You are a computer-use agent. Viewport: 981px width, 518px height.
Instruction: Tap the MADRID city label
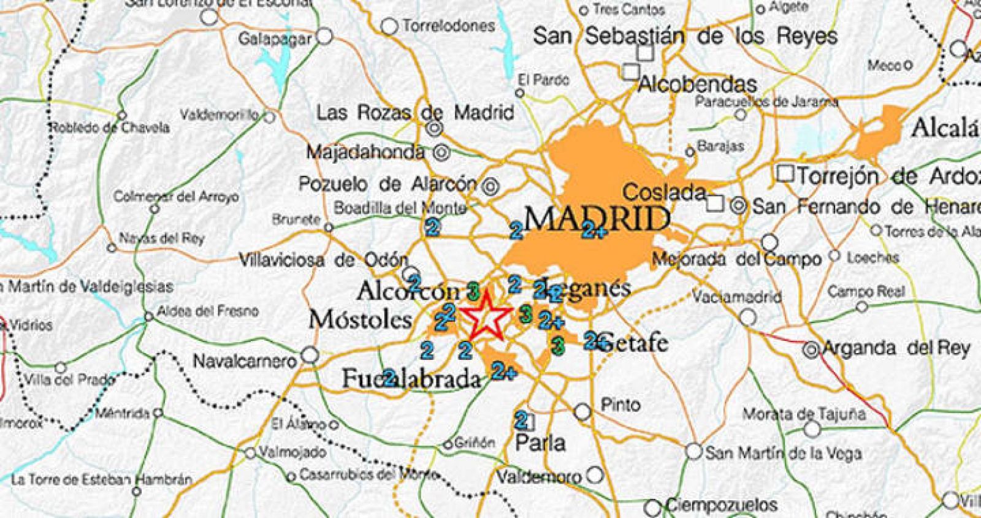tap(596, 218)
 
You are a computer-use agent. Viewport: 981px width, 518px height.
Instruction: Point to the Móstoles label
tap(360, 319)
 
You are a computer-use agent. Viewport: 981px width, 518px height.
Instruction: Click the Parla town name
tap(540, 442)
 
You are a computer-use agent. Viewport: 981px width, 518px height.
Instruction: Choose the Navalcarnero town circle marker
tap(311, 354)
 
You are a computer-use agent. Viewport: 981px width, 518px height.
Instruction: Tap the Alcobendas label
tap(698, 84)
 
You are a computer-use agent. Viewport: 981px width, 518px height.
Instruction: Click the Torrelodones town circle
tap(389, 26)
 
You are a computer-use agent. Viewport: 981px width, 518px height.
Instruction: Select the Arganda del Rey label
tap(896, 348)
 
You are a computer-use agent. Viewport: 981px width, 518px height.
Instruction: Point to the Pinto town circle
tap(582, 411)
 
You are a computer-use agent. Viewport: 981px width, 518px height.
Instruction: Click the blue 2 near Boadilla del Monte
tap(433, 227)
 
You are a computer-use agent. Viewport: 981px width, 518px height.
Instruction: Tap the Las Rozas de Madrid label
tap(415, 113)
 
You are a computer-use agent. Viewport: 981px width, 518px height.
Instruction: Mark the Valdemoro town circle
tap(595, 474)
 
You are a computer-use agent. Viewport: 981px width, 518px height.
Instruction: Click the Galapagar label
tap(275, 39)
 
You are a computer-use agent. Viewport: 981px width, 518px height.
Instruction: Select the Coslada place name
tap(664, 192)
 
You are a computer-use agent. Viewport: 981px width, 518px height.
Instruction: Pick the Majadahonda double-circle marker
tap(440, 151)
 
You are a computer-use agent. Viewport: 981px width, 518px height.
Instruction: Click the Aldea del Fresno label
tap(207, 311)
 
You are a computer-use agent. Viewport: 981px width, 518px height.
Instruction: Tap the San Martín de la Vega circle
tap(693, 452)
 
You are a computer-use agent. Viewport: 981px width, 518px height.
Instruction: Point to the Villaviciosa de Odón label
tap(323, 260)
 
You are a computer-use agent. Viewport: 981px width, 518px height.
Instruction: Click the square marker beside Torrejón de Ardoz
tap(785, 173)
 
